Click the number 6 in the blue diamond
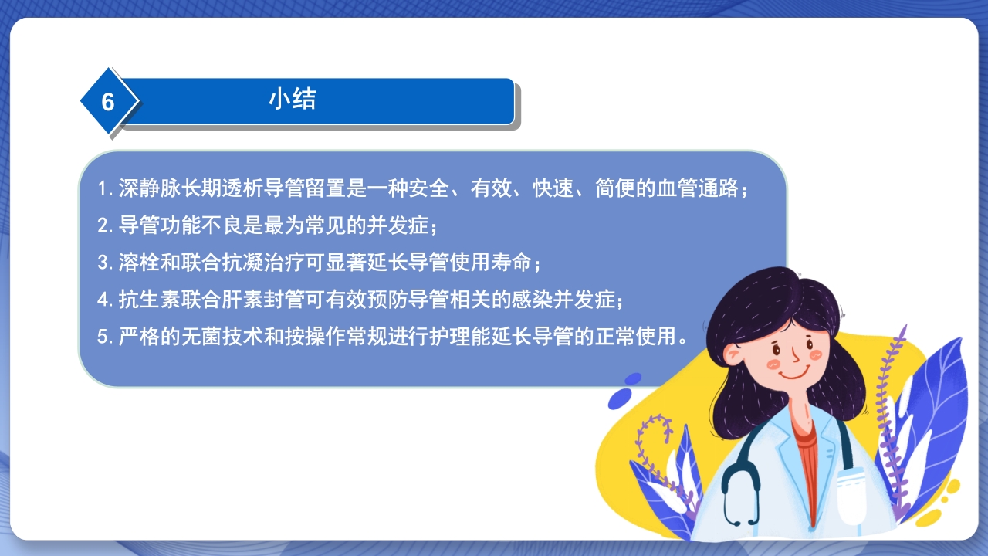(x=108, y=102)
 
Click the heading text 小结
(x=293, y=99)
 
